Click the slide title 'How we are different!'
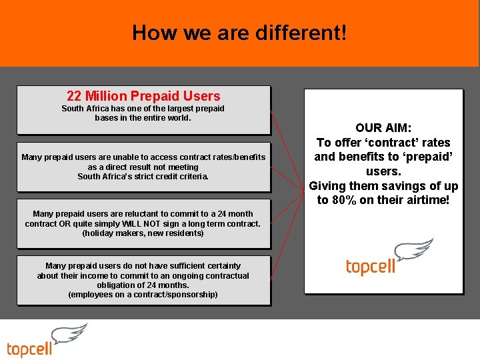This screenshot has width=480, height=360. [x=239, y=32]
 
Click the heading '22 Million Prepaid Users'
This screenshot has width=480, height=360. [x=143, y=96]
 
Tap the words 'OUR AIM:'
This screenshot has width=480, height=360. [x=383, y=127]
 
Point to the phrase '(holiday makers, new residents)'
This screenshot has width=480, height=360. [x=143, y=233]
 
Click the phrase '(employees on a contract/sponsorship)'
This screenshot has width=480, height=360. [x=143, y=294]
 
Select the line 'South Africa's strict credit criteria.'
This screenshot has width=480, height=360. [x=143, y=177]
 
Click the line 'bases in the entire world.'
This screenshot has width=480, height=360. [x=143, y=118]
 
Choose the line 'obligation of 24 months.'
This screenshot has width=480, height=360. [x=143, y=285]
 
